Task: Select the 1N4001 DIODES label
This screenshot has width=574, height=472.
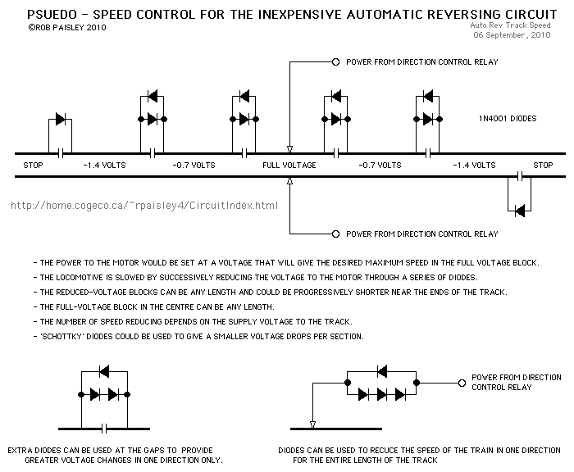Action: tap(508, 119)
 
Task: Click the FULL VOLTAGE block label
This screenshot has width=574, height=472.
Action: tap(289, 165)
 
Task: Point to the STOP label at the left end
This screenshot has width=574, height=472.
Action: tap(34, 165)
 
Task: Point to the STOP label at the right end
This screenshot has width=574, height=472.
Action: tap(543, 165)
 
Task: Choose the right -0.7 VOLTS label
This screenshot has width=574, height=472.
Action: tap(379, 165)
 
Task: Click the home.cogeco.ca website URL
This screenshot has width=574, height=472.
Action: tap(144, 206)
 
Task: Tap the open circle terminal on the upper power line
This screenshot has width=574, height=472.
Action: tap(335, 62)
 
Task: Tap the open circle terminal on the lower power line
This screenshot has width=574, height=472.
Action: tap(335, 234)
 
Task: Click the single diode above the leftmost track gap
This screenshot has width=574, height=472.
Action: tap(60, 120)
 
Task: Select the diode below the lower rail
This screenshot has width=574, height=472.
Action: tap(519, 211)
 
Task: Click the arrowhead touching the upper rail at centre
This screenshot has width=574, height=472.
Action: tap(289, 149)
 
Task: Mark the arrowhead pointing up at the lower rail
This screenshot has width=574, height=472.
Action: tap(289, 181)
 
